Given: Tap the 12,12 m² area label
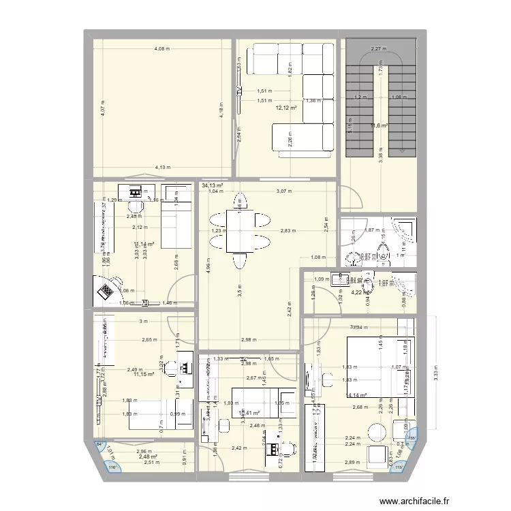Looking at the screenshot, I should [x=286, y=108].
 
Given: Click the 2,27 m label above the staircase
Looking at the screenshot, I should [x=378, y=49].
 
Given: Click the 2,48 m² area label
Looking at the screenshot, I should [x=148, y=456].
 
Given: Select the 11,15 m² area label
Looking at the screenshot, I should [x=144, y=374].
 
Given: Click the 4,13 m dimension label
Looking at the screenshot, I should [x=162, y=168].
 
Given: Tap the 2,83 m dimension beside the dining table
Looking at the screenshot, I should [x=287, y=231].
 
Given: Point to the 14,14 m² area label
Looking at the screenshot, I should [x=358, y=395].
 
